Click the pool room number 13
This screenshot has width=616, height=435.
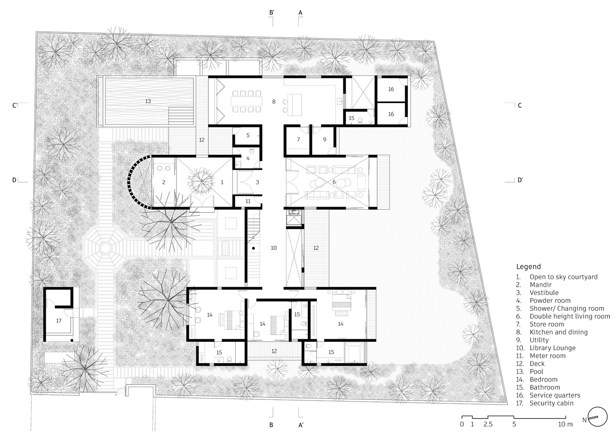(x=148, y=101)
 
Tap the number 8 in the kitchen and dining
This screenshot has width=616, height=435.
(x=274, y=102)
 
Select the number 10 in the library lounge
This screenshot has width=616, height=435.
(x=274, y=248)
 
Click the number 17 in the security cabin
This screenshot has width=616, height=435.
(x=58, y=321)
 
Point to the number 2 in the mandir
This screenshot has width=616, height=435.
(x=164, y=182)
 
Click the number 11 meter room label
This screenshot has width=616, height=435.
(x=248, y=201)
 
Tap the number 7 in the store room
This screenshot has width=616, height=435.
(x=298, y=140)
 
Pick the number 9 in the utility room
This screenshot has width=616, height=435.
(x=325, y=140)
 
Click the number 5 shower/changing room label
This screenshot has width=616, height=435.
(x=248, y=135)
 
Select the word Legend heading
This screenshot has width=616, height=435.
(x=528, y=267)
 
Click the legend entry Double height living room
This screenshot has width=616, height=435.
(x=570, y=316)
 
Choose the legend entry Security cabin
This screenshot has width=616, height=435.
(x=552, y=403)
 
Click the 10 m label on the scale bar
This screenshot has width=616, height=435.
(x=565, y=424)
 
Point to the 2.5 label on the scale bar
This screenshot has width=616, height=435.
(x=488, y=424)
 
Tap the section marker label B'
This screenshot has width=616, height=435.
(x=272, y=12)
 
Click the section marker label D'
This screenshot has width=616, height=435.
(x=520, y=180)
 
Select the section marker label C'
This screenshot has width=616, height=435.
(x=15, y=105)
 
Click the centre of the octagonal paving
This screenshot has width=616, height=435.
(x=105, y=248)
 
